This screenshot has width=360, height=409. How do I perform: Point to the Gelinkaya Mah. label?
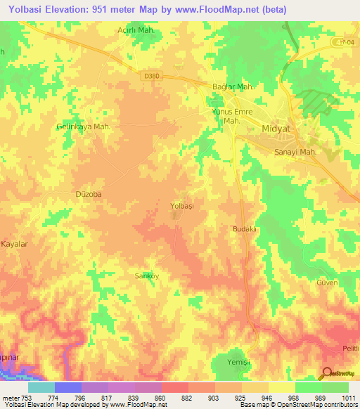tap(84, 126)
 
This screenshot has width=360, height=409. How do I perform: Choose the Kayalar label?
tap(14, 244)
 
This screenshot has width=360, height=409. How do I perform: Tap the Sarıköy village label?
tap(147, 276)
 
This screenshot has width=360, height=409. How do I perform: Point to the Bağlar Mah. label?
tap(233, 87)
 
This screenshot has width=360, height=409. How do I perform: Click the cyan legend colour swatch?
tap(41, 387)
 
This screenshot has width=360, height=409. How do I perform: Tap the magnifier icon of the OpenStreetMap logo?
tap(326, 373)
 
